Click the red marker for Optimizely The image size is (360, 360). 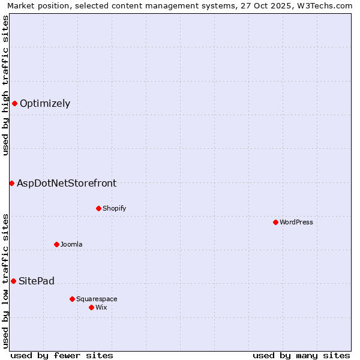click(14, 103)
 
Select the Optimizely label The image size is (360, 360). click(45, 104)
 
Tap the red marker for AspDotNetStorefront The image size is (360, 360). click(11, 183)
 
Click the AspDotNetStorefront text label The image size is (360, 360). click(67, 184)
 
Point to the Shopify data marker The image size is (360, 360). click(98, 208)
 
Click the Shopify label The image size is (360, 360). click(114, 209)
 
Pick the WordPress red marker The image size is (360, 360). click(275, 222)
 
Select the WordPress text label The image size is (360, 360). click(296, 223)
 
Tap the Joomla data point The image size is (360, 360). click(56, 244)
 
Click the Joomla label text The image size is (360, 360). click(71, 245)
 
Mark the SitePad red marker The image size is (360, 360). click(13, 281)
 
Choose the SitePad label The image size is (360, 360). click(37, 281)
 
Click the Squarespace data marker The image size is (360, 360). click(72, 299)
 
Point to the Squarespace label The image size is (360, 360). click(97, 299)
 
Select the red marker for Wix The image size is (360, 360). click(91, 307)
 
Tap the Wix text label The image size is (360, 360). click(101, 308)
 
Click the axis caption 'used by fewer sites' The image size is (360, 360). click(62, 355)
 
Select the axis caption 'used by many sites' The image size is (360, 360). click(301, 355)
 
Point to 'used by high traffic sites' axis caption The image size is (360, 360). click(5, 85)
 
